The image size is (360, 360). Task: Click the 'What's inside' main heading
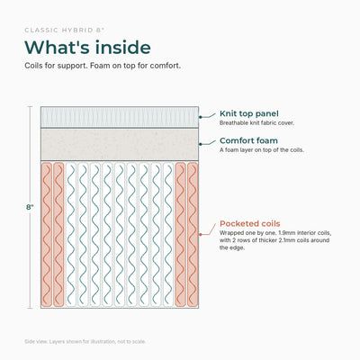coord(87,48)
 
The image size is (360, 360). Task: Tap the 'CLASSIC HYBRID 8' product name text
coord(65,30)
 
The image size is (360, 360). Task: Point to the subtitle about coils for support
coord(103,66)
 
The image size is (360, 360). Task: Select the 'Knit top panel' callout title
coord(249,113)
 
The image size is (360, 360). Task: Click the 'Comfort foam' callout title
coord(248,140)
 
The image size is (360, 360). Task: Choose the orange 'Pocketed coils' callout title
coord(250,223)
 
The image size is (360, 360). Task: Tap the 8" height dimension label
coord(30,207)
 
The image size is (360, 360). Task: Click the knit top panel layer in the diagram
coord(120,117)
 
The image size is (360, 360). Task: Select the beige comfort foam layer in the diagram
coord(120,145)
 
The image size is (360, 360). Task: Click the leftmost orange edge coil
coord(47,235)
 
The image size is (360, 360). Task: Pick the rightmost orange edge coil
coord(193,235)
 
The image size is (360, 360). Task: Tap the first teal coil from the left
coord(71,235)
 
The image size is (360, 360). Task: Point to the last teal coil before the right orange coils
coord(168,235)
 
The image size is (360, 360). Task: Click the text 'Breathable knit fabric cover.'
coord(256,123)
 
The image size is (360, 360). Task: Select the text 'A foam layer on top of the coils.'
coord(262,150)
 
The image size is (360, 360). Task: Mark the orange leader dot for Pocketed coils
coord(200,235)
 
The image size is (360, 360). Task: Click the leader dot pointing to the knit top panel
coord(200,117)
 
